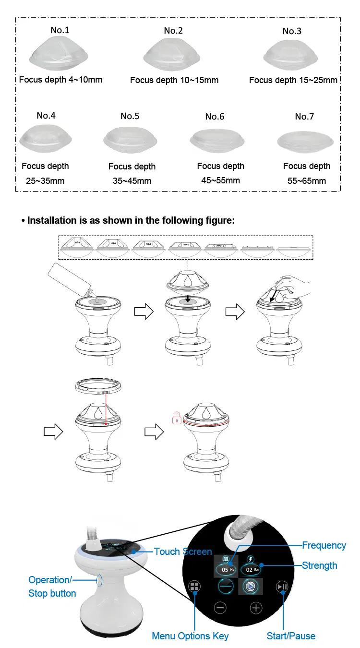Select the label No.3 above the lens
pyautogui.click(x=292, y=31)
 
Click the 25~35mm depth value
pyautogui.click(x=45, y=181)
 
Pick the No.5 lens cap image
pyautogui.click(x=131, y=141)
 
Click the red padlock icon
pyautogui.click(x=177, y=418)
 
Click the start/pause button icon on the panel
pyautogui.click(x=282, y=587)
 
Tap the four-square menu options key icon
pyautogui.click(x=195, y=587)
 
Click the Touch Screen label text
pyautogui.click(x=183, y=552)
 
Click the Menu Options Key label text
pyautogui.click(x=190, y=636)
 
